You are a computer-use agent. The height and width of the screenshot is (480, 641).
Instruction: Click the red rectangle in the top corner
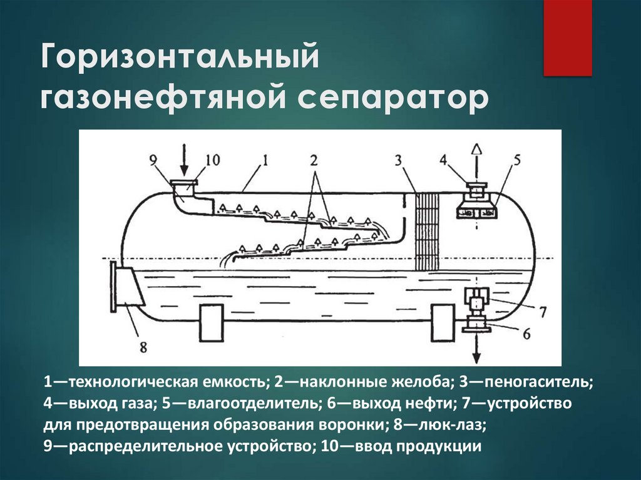coord(567,38)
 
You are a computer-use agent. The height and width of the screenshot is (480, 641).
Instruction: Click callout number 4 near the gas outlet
coord(443,160)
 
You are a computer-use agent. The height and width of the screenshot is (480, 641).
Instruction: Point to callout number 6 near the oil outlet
coord(526,334)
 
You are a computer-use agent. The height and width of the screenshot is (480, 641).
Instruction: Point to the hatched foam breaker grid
coord(428,232)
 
